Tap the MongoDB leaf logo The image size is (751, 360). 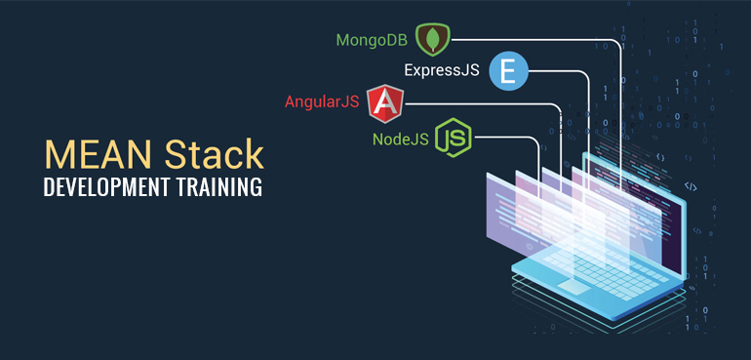pos(430,40)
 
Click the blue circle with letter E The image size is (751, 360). pos(507,71)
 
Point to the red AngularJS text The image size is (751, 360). pos(322,101)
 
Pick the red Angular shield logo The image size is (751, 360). pos(386,102)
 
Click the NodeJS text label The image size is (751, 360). pos(401,139)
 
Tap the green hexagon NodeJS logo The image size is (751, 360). pos(454,138)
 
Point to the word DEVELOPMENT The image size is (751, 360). pos(104,187)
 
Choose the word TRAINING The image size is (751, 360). pos(218,187)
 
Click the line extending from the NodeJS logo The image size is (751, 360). pos(507,138)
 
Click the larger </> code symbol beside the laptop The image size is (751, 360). pos(689,185)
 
